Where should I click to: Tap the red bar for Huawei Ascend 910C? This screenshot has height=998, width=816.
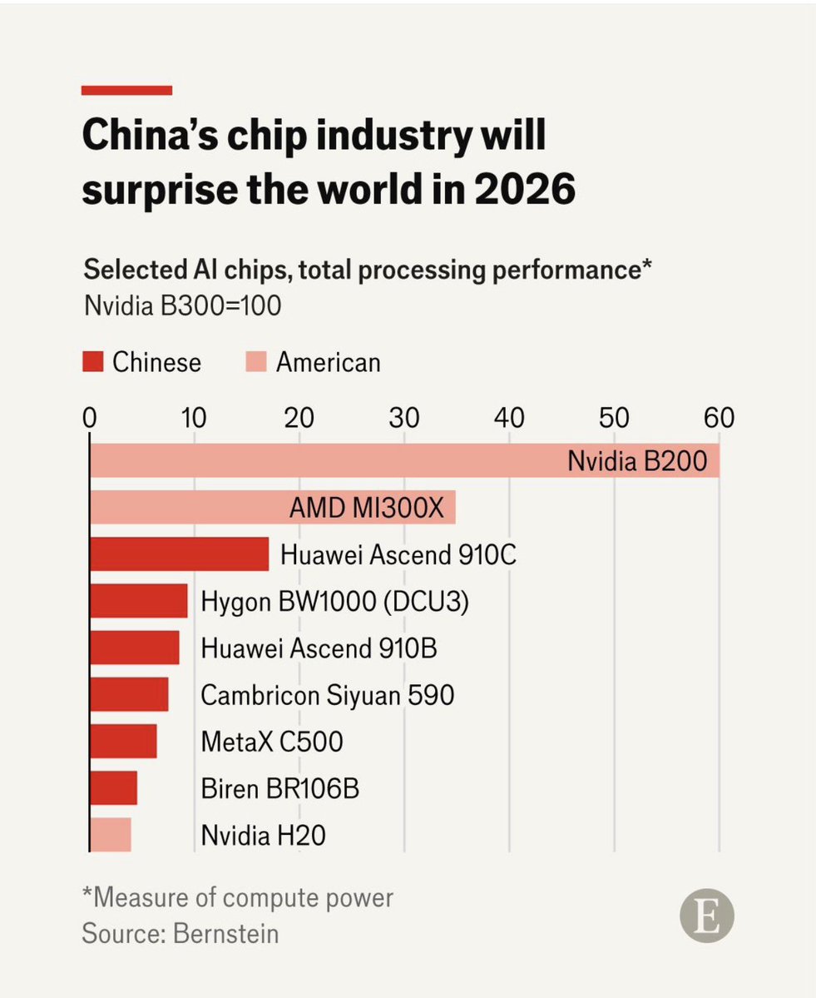(x=179, y=554)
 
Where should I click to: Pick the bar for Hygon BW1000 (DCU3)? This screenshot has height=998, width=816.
(x=138, y=601)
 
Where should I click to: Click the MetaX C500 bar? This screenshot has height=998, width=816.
(x=123, y=741)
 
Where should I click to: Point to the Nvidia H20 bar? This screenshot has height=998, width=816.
(x=111, y=834)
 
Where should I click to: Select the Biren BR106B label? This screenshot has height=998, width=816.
(x=279, y=787)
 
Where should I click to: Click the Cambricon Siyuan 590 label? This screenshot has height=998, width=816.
(x=328, y=694)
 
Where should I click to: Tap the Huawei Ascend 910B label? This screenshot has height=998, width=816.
(x=319, y=648)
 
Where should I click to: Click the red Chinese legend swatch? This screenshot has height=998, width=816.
(x=93, y=362)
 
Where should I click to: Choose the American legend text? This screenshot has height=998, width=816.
(x=328, y=362)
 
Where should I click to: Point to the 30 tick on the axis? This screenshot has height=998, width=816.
(x=404, y=417)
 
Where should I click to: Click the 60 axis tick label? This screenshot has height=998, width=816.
(x=719, y=417)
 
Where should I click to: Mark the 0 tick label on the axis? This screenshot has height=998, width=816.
(x=89, y=417)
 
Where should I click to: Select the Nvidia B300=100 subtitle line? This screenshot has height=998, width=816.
(x=182, y=305)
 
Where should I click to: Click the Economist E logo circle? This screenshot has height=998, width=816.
(x=707, y=919)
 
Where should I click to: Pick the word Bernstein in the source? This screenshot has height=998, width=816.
(x=225, y=933)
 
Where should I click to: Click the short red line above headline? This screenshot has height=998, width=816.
(x=126, y=90)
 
